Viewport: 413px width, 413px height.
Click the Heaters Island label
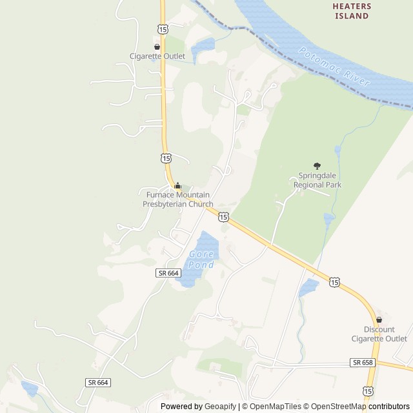[352, 11]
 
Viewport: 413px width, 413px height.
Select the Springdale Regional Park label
[317, 180]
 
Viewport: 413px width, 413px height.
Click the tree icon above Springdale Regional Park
[317, 166]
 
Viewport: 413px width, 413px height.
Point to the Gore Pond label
[201, 259]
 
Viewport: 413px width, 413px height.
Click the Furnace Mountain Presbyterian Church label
[177, 200]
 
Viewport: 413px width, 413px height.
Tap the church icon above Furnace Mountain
[178, 186]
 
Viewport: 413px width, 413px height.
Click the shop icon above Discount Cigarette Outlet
[379, 319]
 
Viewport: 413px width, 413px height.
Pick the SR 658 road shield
[363, 363]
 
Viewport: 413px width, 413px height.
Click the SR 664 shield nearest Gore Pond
[167, 273]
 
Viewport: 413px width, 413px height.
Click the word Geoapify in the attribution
[220, 407]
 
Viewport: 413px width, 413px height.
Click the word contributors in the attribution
[389, 407]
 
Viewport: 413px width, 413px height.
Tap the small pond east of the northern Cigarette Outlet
[203, 47]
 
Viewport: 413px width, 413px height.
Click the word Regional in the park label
[308, 185]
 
